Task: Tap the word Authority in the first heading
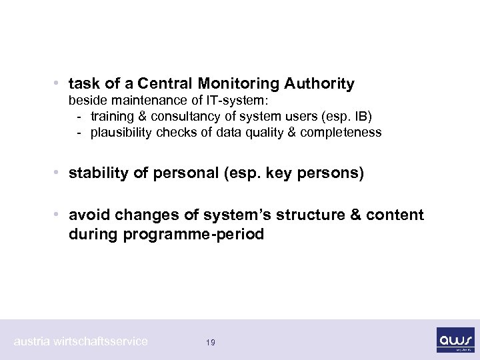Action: [x=319, y=84]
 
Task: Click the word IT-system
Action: [x=237, y=103]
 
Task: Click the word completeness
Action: [x=342, y=132]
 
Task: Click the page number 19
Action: [x=210, y=342]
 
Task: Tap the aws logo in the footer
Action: [x=455, y=339]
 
